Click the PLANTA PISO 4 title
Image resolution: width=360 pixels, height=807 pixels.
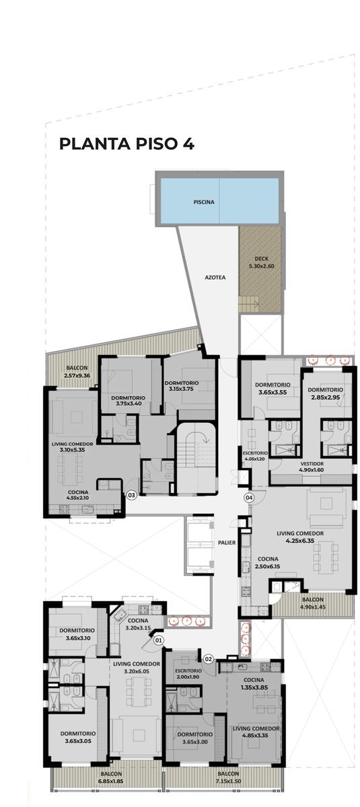pyautogui.click(x=127, y=144)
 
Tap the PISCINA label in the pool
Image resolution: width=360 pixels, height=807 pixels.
pyautogui.click(x=204, y=202)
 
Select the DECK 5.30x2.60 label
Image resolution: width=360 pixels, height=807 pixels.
pyautogui.click(x=262, y=263)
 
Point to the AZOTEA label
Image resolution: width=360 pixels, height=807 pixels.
pyautogui.click(x=215, y=277)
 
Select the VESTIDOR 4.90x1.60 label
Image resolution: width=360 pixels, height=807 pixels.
pyautogui.click(x=312, y=467)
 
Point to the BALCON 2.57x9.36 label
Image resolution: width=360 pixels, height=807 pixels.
pyautogui.click(x=77, y=371)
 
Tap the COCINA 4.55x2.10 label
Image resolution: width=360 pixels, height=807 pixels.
pyautogui.click(x=77, y=495)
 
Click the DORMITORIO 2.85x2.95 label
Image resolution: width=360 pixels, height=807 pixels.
pyautogui.click(x=326, y=393)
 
